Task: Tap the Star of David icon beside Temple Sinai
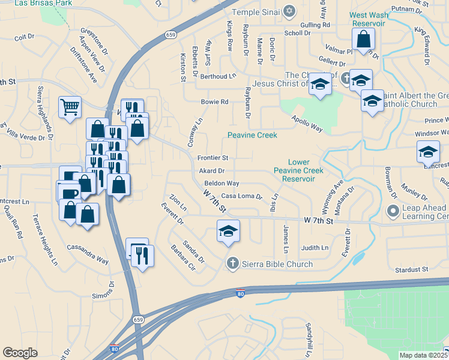click(289, 11)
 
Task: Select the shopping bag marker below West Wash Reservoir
click(364, 41)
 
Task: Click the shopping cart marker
click(70, 108)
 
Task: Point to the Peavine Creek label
click(252, 135)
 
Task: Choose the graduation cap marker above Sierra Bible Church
click(228, 232)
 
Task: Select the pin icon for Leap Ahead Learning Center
click(394, 211)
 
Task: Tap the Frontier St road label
click(213, 158)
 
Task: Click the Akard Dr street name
click(211, 171)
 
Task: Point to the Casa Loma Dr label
click(242, 196)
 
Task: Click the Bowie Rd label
click(215, 102)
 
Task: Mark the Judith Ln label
click(315, 248)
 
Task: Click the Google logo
click(20, 353)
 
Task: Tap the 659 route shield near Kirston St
click(171, 35)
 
